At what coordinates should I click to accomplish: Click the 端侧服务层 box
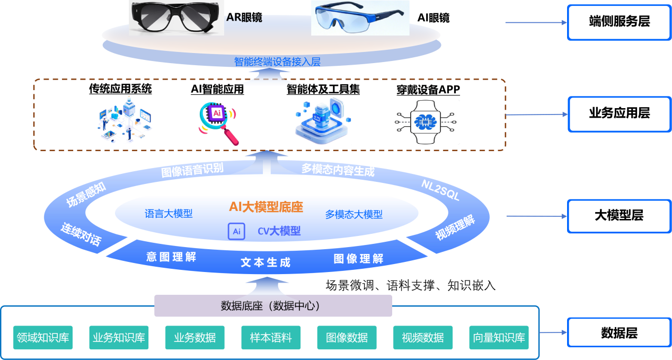619,22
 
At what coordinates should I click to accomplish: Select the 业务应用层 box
619,113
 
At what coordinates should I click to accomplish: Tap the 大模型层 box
619,216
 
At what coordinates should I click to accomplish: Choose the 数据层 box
619,333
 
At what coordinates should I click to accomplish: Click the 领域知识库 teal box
43,337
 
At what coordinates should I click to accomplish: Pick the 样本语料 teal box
271,337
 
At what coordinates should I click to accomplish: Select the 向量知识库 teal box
499,337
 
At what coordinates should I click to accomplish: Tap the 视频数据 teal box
423,337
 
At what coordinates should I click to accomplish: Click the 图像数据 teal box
347,337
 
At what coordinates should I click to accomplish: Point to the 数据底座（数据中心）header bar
273,306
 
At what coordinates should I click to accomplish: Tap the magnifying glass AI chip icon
218,124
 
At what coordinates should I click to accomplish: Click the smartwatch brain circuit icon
426,121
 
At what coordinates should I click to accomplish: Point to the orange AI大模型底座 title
266,207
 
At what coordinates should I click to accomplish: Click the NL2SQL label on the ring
440,190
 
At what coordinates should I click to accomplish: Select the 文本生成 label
266,262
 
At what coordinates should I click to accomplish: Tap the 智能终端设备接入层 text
277,62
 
